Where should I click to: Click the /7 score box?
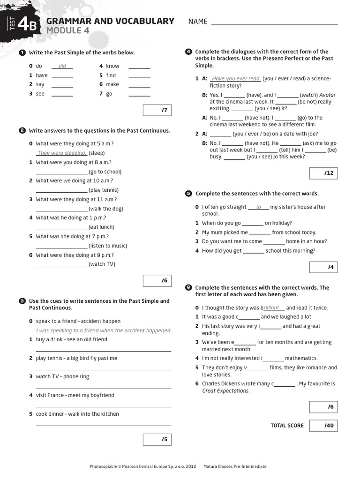tap(155, 111)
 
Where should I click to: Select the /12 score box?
tap(323, 173)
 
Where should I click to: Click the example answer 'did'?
tap(62, 66)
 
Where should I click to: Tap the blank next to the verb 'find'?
tap(139, 75)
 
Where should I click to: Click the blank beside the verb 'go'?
tap(139, 94)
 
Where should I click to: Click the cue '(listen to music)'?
tap(108, 246)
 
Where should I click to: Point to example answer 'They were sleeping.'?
tap(61, 153)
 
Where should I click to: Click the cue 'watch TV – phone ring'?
tap(62, 376)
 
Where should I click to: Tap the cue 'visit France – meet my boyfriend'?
tap(75, 395)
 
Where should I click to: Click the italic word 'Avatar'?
tap(327, 95)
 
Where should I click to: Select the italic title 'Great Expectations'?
tap(225, 390)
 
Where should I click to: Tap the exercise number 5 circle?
tap(188, 193)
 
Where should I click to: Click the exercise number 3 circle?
tap(22, 301)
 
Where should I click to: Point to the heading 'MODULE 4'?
tap(67, 31)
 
